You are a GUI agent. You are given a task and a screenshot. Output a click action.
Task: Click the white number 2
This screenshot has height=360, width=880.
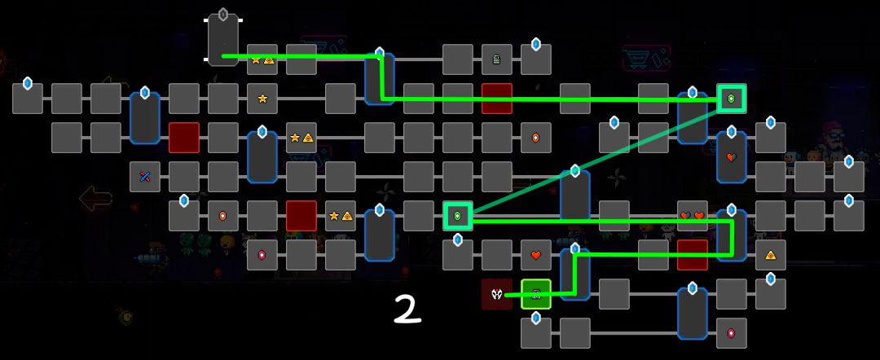pos(407,309)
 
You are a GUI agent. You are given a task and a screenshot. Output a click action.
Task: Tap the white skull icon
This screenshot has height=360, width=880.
pos(497,293)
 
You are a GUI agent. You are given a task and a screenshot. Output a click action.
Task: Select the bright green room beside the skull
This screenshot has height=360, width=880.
pos(536,294)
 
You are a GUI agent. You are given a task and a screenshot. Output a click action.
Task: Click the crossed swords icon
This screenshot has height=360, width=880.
pos(145,177)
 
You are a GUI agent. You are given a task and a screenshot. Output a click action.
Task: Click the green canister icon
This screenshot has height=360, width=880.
pos(497,59)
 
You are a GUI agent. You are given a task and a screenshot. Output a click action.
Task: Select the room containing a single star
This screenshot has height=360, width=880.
pos(262,98)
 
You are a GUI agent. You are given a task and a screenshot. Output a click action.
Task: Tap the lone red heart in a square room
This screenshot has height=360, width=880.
pos(536,255)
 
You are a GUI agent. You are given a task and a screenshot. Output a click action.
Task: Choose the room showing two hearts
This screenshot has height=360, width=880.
pos(692,216)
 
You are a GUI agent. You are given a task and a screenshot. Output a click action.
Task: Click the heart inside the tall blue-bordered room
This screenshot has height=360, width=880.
pos(731,157)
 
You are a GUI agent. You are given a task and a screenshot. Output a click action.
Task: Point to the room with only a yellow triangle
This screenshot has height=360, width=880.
pos(771,255)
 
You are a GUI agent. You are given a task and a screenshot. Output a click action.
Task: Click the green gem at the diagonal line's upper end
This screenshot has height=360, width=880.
pos(731,99)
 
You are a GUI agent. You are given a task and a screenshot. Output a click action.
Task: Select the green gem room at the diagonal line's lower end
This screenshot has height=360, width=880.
pos(457,216)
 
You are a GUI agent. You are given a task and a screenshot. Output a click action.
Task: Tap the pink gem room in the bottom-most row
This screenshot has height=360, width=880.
pos(731,333)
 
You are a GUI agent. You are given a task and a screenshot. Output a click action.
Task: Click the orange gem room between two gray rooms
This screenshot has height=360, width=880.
pos(222,216)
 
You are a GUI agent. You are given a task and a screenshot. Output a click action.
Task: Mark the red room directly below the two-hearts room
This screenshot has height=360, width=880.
pos(692,255)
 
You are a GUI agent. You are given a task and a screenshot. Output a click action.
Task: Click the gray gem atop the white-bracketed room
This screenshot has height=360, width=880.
pos(223,14)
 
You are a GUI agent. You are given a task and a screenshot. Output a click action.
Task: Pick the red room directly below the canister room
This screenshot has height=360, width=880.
pos(497,98)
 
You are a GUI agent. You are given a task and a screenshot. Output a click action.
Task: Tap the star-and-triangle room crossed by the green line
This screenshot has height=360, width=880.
pos(262,59)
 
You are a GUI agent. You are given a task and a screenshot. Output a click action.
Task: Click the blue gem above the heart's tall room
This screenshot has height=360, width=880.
pos(731,132)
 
